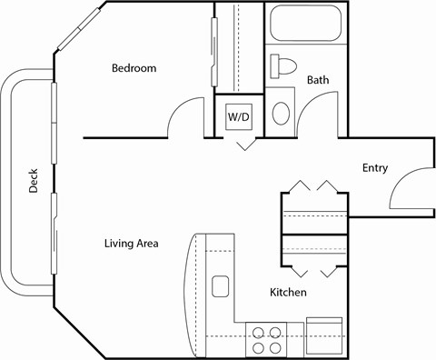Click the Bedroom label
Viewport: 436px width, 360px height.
[x=134, y=68]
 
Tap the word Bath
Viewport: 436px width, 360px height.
[x=318, y=80]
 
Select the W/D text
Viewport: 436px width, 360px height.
[x=239, y=117]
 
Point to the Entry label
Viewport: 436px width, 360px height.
[x=376, y=167]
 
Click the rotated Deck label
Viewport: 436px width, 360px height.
[x=33, y=183]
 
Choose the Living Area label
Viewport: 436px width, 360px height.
[x=132, y=243]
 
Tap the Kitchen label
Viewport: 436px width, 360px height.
[x=288, y=293]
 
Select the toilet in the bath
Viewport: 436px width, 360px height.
[x=282, y=65]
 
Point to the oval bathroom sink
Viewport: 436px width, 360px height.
[x=282, y=114]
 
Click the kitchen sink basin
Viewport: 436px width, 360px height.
[x=220, y=287]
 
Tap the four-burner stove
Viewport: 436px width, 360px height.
[x=266, y=339]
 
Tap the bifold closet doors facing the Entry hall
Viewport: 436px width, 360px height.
[x=313, y=189]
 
